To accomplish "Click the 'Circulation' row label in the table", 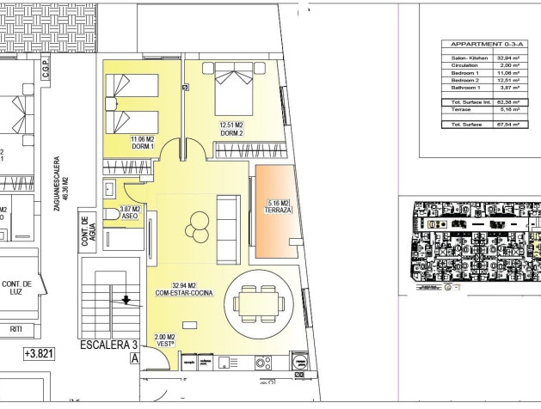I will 464,64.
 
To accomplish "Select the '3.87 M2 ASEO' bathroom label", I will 130,212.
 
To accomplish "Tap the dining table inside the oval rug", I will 256,302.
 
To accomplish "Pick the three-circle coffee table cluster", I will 197,224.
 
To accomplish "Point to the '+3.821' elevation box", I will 39,353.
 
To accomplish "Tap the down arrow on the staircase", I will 126,300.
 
